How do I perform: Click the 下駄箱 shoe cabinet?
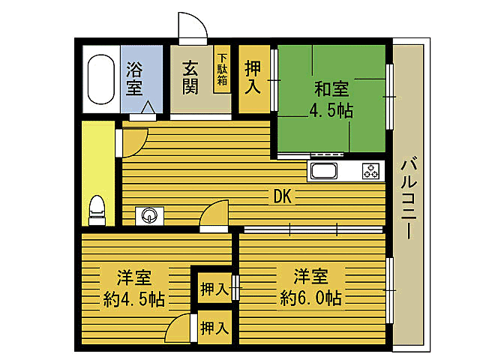[222, 70]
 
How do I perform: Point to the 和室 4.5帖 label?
[331, 100]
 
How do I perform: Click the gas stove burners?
[370, 171]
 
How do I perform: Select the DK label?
[283, 197]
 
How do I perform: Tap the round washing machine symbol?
[149, 216]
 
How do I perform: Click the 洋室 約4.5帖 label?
[133, 288]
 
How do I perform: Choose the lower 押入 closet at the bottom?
[214, 327]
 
